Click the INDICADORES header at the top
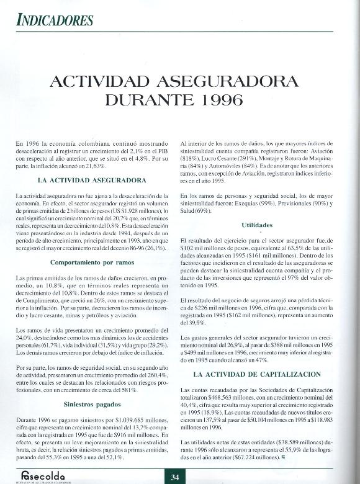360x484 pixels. tap(55, 19)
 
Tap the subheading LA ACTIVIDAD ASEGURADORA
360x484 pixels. tap(92, 181)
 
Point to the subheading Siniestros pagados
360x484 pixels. tap(92, 403)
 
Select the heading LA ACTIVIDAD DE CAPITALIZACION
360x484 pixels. tap(257, 374)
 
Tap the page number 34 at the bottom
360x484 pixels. tap(175, 476)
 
